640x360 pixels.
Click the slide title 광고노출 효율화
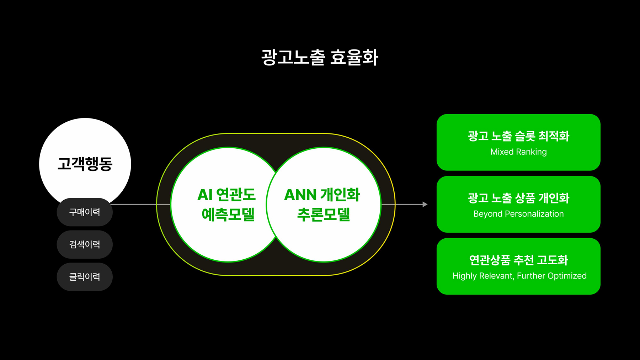click(x=320, y=57)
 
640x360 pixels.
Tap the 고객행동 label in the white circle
click(x=85, y=164)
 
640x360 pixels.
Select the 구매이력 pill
click(x=85, y=212)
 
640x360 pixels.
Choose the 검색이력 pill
click(x=85, y=244)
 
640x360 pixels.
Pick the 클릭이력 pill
click(x=85, y=277)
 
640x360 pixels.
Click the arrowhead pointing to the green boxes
click(x=425, y=204)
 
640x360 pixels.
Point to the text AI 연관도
click(x=226, y=195)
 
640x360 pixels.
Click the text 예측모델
click(x=228, y=214)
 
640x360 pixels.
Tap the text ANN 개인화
click(x=322, y=195)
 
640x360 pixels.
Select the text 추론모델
click(x=324, y=214)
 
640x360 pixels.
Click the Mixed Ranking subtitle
click(x=518, y=152)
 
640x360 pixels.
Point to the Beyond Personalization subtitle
click(x=518, y=214)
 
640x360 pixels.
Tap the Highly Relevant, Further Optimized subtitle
click(x=519, y=276)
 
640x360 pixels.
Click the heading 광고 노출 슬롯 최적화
click(x=518, y=136)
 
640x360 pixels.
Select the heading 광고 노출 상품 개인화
click(x=518, y=198)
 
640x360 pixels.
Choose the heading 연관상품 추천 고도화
click(x=518, y=260)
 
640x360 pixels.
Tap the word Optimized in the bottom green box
click(x=567, y=276)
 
